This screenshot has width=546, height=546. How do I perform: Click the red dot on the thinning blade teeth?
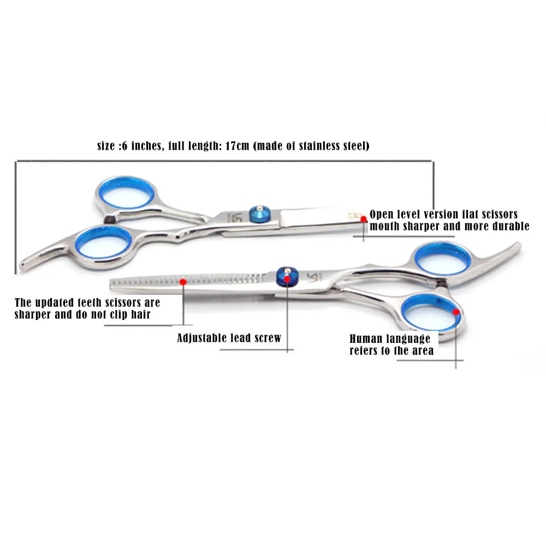tap(183, 282)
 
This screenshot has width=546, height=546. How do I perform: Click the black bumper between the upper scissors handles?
tap(110, 219)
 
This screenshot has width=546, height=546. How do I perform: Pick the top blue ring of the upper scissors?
tap(127, 193)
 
